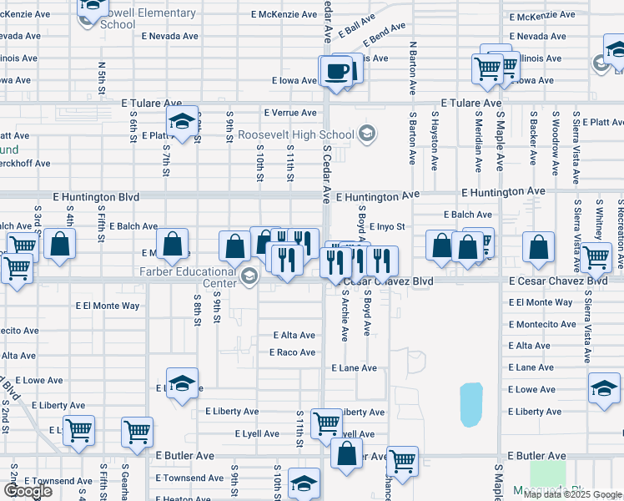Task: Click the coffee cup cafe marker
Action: [x=337, y=71]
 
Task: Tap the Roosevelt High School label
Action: [x=296, y=134]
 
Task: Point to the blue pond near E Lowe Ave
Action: [x=471, y=404]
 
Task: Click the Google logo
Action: [x=28, y=491]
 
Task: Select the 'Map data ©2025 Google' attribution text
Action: [x=572, y=493]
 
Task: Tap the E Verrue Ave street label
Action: [x=290, y=113]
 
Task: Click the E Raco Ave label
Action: [x=292, y=352]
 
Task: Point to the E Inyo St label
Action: [x=387, y=226]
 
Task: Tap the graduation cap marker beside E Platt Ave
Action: [x=182, y=122]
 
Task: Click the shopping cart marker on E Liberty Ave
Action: [x=326, y=423]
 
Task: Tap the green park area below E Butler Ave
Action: [x=546, y=474]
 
